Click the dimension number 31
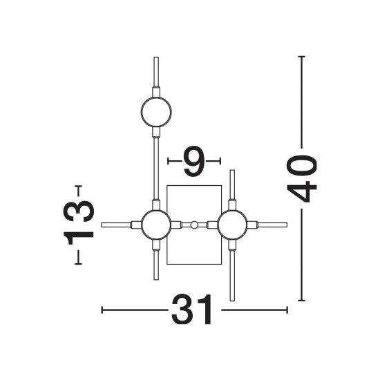point(191,310)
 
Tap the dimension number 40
point(301,179)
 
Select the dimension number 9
point(194,161)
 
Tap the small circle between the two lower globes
point(194,225)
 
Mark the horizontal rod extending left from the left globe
point(116,225)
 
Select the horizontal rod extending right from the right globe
point(272,225)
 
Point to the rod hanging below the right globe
point(232,276)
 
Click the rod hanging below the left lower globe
point(156,265)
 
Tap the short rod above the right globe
point(232,184)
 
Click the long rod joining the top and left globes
point(156,169)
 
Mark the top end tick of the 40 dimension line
point(301,57)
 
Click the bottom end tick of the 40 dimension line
point(301,301)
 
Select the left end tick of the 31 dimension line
point(102,310)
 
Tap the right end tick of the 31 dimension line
point(287,310)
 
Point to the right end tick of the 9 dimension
point(220,161)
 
